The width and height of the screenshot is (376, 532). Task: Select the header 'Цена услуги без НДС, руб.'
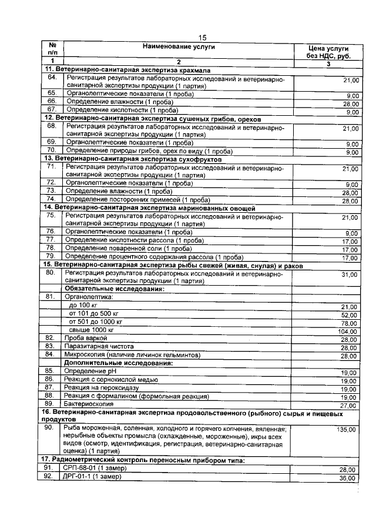point(328,52)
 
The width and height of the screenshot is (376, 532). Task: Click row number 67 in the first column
point(52,109)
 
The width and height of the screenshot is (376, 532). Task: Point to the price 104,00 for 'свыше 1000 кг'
point(348,332)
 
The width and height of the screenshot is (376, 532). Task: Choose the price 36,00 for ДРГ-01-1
point(348,478)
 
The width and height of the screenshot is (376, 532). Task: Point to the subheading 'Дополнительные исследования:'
point(118,363)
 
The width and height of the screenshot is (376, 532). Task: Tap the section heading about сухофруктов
point(133,159)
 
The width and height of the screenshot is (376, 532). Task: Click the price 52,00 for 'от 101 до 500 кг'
point(348,315)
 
